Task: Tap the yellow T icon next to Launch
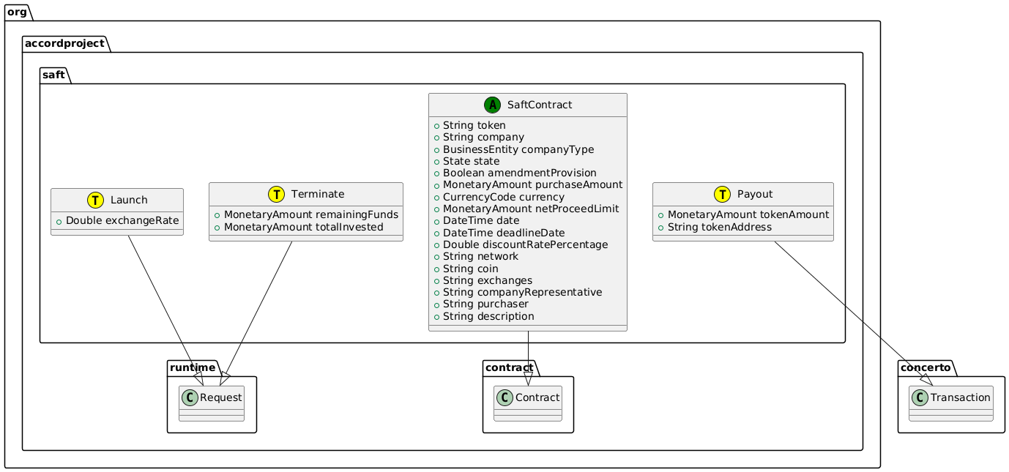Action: [96, 201]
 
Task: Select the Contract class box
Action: [527, 403]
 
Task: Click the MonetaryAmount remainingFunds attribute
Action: [310, 214]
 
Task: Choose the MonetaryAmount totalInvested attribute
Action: [305, 227]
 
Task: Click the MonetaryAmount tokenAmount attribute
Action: [742, 214]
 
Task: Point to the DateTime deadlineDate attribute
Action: [511, 232]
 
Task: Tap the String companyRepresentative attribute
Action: [522, 292]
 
